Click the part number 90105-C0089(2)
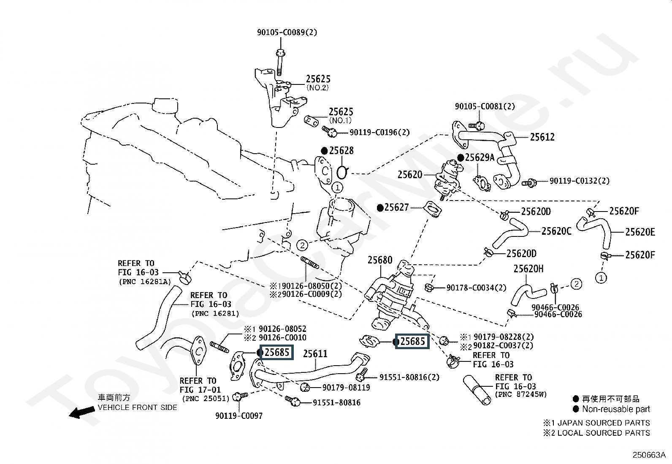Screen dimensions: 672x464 coord(287,32)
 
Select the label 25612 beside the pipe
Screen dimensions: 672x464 coord(542,137)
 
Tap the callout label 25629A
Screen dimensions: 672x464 coord(480,157)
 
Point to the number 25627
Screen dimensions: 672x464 coord(397,207)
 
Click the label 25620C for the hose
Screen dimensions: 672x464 coord(556,231)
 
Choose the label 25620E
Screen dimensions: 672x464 coord(640,232)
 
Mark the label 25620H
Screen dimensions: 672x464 coord(528,269)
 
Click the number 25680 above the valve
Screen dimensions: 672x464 coord(380,260)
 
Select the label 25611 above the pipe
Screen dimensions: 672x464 coord(315,354)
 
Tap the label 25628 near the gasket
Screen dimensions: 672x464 coord(341,150)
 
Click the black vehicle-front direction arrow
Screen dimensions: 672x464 coord(82,412)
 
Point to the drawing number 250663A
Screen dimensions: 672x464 coord(649,455)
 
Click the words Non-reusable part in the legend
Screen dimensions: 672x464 coord(616,409)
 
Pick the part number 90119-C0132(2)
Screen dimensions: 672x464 coord(579,181)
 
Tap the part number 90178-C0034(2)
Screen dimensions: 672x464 coord(477,288)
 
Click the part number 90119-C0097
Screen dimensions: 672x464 coord(239,416)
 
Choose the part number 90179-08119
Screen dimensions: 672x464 coord(346,388)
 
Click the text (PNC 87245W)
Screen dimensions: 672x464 coord(521,394)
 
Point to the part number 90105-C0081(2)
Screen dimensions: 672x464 coord(485,106)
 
